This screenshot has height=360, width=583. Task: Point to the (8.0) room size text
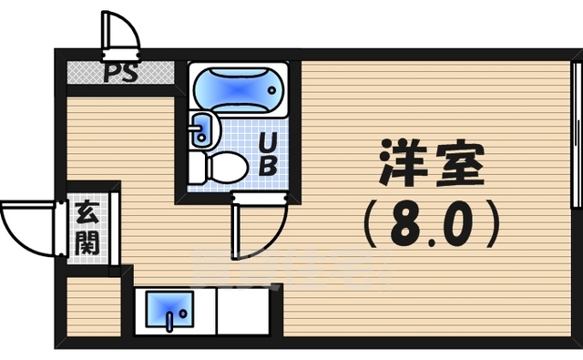[x=431, y=224]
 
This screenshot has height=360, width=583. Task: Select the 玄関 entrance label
[x=87, y=229]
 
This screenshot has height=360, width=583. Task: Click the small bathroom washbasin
[x=201, y=131]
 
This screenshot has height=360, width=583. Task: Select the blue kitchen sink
[x=164, y=311]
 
